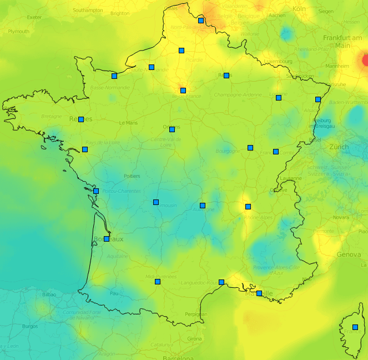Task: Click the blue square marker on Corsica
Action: point(355,327)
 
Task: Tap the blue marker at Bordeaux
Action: point(107,239)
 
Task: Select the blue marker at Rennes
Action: point(81,119)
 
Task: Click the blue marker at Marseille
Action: point(259,293)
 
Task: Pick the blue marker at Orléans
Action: point(172,129)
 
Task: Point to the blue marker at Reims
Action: point(226,76)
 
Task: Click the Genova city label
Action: point(349,254)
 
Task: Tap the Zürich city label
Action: point(339,147)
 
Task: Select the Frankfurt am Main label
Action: point(340,42)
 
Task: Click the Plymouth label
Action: point(18,32)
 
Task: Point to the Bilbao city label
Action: point(49,294)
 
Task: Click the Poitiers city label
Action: point(132,176)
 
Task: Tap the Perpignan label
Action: point(196,314)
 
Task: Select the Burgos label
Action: point(29,327)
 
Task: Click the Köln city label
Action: point(299,9)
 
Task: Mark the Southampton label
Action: point(88,11)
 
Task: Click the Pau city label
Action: point(114,293)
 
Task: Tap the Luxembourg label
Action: point(278,61)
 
